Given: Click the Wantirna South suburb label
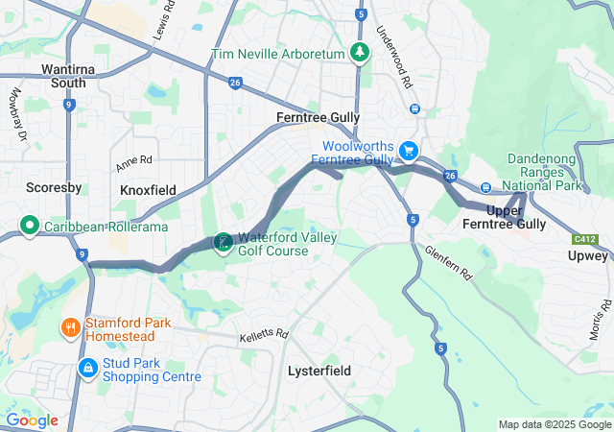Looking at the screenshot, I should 63,76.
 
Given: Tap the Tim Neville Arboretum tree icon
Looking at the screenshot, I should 360,53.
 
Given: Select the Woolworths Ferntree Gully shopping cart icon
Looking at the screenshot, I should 409,151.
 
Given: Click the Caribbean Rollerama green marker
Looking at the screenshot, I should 29,228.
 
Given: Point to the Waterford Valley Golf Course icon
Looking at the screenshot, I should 223,243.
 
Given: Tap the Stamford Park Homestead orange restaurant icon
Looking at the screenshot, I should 70,329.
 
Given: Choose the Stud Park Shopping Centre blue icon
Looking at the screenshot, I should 87,368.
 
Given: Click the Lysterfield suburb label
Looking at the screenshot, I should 319,371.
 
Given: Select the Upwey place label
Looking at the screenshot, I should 587,256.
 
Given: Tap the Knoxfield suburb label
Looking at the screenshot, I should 148,190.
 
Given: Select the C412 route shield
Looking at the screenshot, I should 584,238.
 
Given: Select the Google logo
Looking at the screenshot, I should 32,420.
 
